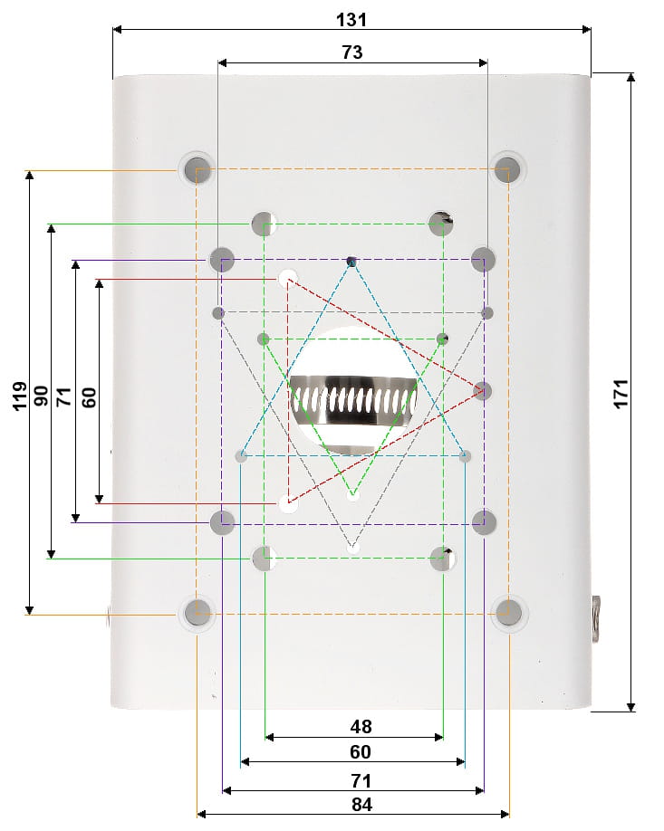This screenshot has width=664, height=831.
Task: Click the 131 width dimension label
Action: point(352,19)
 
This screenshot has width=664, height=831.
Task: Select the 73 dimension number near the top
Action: point(352,53)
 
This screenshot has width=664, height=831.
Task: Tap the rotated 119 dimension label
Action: point(20,395)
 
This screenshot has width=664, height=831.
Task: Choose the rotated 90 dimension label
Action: point(42,396)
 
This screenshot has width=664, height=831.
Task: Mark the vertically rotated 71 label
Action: point(64,396)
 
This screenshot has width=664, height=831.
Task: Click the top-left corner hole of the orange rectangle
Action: point(197,169)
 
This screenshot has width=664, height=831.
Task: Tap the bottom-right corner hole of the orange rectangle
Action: point(508,613)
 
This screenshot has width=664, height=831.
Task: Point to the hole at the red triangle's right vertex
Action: point(482,391)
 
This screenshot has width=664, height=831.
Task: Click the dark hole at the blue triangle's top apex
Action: point(351,262)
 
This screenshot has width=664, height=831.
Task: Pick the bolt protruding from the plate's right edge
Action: point(598,619)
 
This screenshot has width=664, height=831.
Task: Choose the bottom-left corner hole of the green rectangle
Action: point(263,558)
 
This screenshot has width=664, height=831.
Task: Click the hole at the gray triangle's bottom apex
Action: point(353,547)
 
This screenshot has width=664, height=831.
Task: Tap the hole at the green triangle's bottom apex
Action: point(353,495)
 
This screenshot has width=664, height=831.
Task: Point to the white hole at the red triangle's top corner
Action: point(288,278)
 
